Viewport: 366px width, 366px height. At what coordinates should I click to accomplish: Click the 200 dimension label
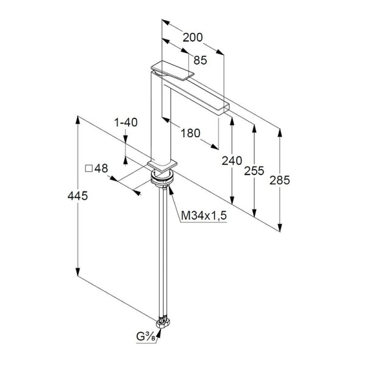(x=193, y=37)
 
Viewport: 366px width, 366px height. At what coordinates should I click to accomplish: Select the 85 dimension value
(x=200, y=60)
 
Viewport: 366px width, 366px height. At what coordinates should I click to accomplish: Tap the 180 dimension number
(x=190, y=133)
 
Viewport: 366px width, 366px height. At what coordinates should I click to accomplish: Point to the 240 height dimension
(x=232, y=161)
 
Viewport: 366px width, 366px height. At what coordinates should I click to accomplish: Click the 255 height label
(x=254, y=171)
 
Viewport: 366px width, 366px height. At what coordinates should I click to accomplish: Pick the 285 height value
(x=279, y=180)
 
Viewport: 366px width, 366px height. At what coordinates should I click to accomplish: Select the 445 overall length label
(x=77, y=196)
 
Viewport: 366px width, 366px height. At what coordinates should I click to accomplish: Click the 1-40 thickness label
(x=126, y=123)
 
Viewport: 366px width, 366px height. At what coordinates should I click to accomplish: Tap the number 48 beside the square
(x=101, y=168)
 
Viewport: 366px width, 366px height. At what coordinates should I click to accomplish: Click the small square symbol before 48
(x=88, y=168)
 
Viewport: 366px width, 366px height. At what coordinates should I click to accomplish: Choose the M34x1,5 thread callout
(x=204, y=215)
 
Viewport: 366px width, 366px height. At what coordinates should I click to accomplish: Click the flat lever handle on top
(x=173, y=70)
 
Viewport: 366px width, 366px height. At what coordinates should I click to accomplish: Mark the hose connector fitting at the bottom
(x=163, y=323)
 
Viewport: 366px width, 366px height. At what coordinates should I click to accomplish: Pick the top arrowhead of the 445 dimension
(x=77, y=120)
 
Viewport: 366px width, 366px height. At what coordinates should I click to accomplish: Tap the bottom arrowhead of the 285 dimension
(x=280, y=228)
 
